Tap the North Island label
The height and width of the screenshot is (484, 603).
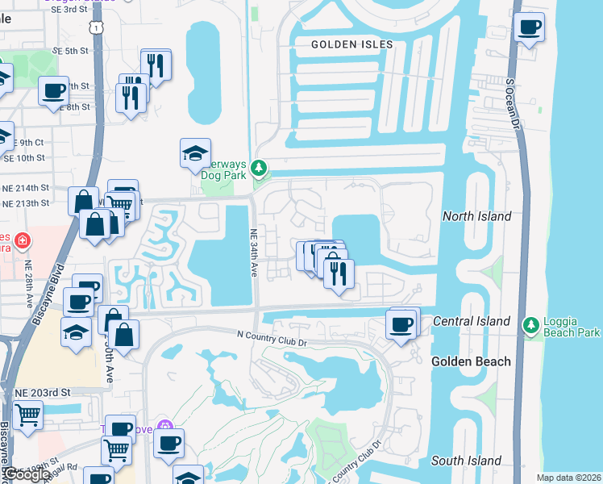477,216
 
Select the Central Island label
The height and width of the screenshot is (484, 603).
471,321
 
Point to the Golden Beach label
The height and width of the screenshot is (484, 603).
471,361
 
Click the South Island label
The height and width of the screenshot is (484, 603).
466,461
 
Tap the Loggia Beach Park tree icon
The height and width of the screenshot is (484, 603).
530,325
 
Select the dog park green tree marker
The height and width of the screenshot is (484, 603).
259,169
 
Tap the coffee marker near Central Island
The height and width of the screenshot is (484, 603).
401,325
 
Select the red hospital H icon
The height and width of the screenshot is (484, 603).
22,240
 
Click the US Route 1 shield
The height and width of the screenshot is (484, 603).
96,28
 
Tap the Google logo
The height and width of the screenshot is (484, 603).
27,475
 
